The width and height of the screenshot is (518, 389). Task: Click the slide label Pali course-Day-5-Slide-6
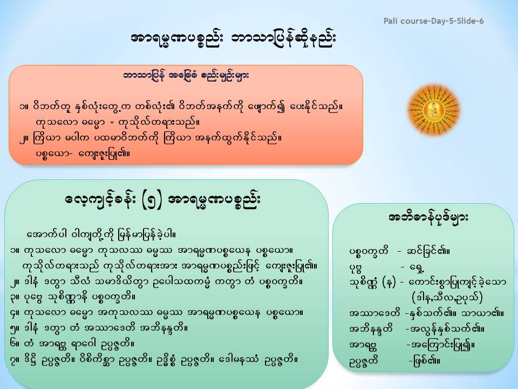tap(433, 21)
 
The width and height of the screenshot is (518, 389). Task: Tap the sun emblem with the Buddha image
tap(434, 110)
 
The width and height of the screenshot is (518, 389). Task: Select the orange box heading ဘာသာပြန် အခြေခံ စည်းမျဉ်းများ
tap(186, 76)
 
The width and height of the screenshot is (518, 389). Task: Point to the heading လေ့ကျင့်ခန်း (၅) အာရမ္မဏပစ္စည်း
tap(163, 200)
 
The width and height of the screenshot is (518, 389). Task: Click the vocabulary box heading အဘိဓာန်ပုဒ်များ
tap(428, 218)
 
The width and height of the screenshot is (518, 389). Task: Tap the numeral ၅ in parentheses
tap(152, 200)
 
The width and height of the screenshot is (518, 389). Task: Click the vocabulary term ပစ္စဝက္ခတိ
tap(369, 251)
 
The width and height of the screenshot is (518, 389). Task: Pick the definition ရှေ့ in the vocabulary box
tap(416, 266)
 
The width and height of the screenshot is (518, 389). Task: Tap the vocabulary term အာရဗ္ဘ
tap(363, 345)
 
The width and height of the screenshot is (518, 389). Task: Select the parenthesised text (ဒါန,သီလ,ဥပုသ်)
tap(447, 298)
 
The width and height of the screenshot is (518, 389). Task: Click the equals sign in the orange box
tap(111, 123)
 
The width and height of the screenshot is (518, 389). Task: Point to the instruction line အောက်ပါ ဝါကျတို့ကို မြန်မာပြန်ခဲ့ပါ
tap(101, 235)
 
